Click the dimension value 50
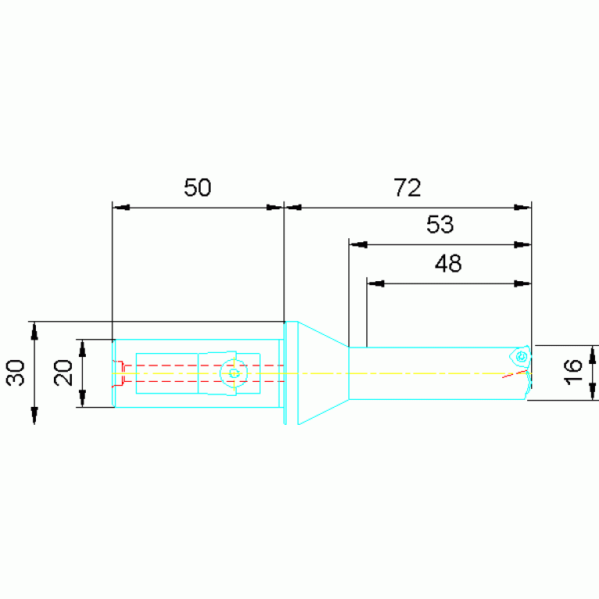(197, 187)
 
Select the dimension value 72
(407, 187)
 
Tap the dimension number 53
(440, 224)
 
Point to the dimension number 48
(448, 263)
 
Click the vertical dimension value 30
(16, 373)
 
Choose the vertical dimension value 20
(63, 373)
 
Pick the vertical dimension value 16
(573, 372)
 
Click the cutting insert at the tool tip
(520, 357)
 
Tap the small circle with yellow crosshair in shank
(234, 373)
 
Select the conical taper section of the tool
(323, 373)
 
